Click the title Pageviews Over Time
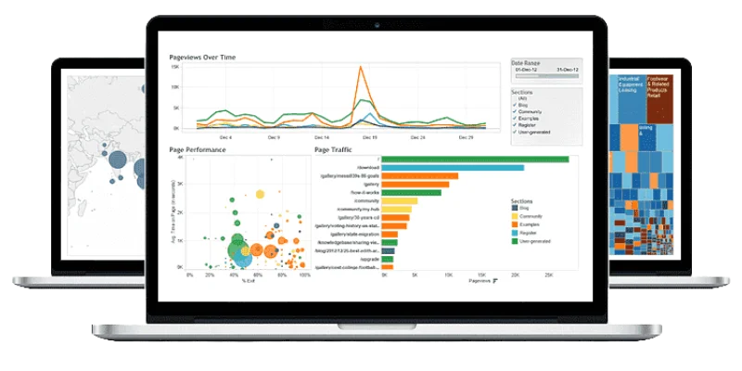tap(202, 58)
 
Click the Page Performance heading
tap(198, 149)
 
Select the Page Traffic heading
tap(336, 149)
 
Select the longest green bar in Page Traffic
tap(475, 159)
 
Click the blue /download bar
tap(453, 168)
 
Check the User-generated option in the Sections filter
tap(515, 133)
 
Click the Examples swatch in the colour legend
tap(515, 224)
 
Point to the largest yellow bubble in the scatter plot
tap(260, 194)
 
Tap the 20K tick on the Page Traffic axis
tap(516, 275)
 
